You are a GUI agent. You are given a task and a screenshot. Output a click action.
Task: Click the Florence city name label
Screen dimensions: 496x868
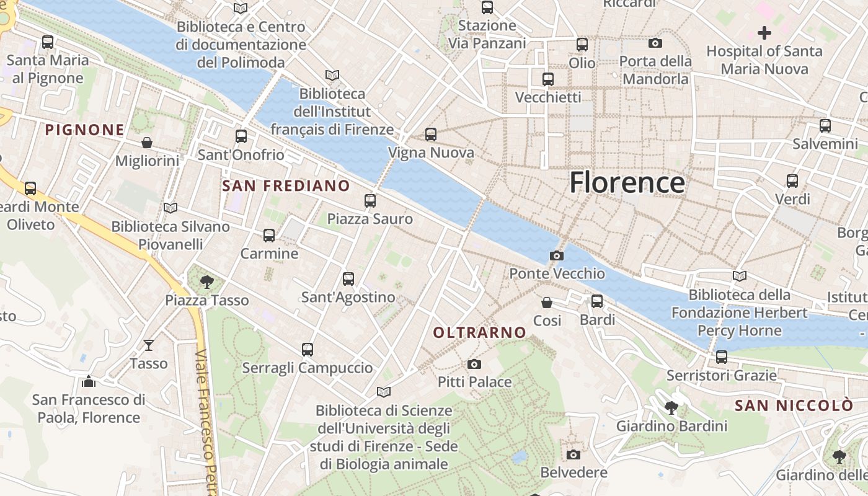click(x=627, y=182)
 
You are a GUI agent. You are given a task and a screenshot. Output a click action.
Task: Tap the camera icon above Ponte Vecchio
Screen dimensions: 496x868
click(x=557, y=255)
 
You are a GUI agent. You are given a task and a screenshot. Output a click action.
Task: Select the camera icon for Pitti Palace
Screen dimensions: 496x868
click(x=474, y=364)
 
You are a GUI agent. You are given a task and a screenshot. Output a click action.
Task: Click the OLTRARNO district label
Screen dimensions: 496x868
click(x=479, y=333)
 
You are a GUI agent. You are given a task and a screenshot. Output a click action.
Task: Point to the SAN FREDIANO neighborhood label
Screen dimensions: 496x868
click(x=286, y=186)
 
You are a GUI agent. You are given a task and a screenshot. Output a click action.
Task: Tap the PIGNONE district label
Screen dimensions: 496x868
click(x=85, y=130)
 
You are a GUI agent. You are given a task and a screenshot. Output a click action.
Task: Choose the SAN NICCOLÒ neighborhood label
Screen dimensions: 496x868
click(x=794, y=406)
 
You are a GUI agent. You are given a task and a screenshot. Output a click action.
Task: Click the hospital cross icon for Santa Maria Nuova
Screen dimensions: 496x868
click(x=764, y=33)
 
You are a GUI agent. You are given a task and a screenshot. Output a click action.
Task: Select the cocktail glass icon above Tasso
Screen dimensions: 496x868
click(x=149, y=345)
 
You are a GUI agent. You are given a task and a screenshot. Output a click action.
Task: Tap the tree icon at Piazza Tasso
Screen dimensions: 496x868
click(x=206, y=283)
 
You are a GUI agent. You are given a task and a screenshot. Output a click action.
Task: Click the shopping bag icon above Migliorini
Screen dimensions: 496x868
click(x=147, y=143)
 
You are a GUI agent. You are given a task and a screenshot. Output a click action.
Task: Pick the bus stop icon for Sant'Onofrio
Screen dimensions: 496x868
click(x=241, y=136)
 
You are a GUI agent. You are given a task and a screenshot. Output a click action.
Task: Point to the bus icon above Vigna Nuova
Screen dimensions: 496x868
click(x=431, y=135)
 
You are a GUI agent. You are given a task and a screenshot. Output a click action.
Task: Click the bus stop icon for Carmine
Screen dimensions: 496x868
click(x=269, y=236)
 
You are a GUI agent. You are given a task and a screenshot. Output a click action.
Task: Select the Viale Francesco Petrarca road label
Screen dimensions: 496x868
click(x=206, y=422)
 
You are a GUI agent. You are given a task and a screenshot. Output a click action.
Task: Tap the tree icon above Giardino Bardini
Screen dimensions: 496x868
click(x=671, y=408)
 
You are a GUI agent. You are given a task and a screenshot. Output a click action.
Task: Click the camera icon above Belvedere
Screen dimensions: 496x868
click(x=573, y=455)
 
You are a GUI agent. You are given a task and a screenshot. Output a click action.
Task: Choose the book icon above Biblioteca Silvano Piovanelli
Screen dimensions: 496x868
click(x=170, y=208)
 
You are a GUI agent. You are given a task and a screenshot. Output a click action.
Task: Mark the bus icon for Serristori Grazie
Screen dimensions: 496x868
click(x=721, y=357)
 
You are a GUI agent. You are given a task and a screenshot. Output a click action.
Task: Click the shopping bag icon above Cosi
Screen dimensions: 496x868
click(x=547, y=303)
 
